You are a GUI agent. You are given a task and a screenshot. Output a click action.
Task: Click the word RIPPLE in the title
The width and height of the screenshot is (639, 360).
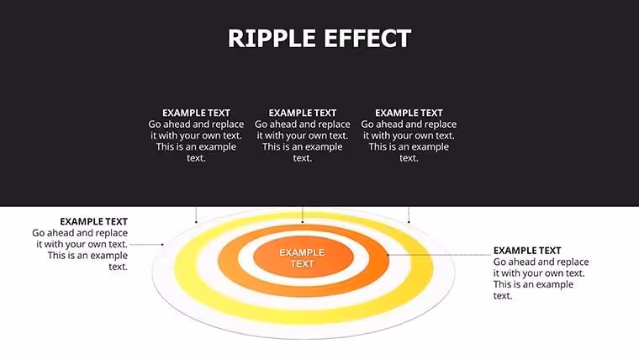click(x=272, y=39)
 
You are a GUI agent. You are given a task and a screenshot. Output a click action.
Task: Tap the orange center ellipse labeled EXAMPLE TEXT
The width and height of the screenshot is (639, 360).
click(x=303, y=258)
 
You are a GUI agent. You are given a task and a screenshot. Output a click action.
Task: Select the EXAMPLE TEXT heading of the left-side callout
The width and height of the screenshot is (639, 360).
click(x=93, y=221)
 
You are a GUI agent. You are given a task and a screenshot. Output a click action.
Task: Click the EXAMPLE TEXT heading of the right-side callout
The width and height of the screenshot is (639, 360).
click(x=527, y=251)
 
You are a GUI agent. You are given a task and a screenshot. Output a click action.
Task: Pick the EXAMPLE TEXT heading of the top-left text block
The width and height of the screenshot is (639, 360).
click(x=196, y=113)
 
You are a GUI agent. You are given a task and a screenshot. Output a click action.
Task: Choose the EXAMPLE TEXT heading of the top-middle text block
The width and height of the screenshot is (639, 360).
click(x=303, y=113)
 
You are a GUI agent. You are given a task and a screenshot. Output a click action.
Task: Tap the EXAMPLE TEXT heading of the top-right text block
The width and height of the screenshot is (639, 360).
click(x=409, y=113)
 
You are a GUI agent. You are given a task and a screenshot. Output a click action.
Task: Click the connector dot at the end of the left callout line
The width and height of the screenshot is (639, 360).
click(x=162, y=245)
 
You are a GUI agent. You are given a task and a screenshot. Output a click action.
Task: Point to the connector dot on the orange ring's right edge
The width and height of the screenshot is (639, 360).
click(x=388, y=255)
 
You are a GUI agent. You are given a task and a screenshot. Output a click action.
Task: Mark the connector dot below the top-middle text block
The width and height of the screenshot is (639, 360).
click(x=303, y=222)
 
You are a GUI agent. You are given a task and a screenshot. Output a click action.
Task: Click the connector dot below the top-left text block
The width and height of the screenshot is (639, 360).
click(x=196, y=222)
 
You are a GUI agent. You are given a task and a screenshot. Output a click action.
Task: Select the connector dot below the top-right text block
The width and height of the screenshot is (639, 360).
click(x=409, y=222)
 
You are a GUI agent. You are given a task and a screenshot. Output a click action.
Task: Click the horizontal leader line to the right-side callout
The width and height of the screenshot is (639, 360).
click(x=440, y=255)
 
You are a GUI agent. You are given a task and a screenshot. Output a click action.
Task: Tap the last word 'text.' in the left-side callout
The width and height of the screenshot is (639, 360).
click(x=119, y=267)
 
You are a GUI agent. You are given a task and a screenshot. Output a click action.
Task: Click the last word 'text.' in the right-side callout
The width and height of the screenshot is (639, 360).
click(x=503, y=296)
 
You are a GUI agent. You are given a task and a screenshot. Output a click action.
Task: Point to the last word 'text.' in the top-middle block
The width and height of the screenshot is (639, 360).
click(x=303, y=158)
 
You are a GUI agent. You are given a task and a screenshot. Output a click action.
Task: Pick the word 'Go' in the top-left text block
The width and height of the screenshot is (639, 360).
click(x=155, y=124)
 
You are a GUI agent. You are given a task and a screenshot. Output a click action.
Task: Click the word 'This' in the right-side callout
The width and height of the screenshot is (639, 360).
click(x=503, y=284)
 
